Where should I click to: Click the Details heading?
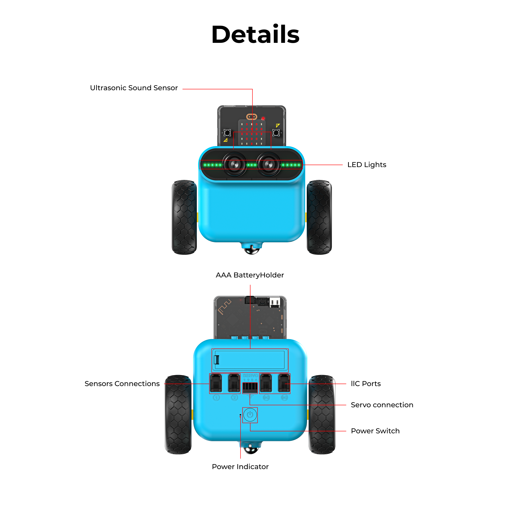tap(255, 34)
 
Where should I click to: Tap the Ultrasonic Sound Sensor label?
tap(134, 88)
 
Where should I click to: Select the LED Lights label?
tap(367, 165)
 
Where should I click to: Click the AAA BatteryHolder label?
tap(250, 275)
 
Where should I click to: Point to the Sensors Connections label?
tap(122, 384)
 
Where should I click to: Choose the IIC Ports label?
tap(366, 384)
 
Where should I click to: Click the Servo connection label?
tap(382, 405)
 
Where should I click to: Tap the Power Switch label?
tap(375, 431)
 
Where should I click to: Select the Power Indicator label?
tap(240, 467)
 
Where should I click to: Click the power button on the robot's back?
tap(250, 415)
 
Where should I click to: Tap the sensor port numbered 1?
tap(216, 383)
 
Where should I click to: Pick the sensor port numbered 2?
tap(234, 383)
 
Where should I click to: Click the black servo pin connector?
tap(250, 388)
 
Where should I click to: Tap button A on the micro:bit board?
tap(227, 133)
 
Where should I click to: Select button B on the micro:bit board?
tap(276, 133)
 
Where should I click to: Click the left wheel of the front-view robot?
tap(184, 217)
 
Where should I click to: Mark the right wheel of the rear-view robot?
tap(322, 414)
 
